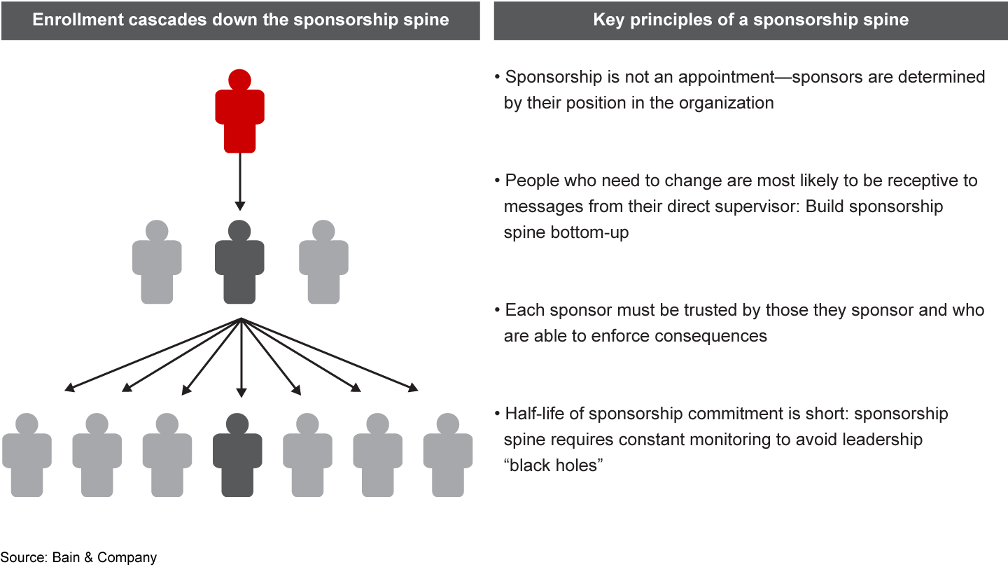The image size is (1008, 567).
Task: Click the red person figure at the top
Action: tap(239, 115)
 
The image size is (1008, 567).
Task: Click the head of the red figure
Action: tap(239, 79)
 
